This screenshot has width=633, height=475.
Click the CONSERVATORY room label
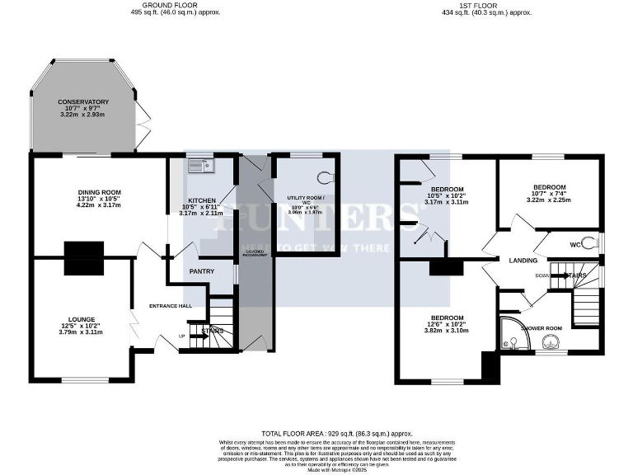coord(82,102)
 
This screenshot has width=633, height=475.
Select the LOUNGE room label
coord(82,319)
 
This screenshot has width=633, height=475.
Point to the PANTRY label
coord(202,270)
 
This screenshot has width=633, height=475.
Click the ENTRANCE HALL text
coord(171,306)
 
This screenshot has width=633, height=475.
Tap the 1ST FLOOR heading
coord(486,5)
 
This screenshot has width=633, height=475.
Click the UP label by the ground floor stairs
coord(181,336)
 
